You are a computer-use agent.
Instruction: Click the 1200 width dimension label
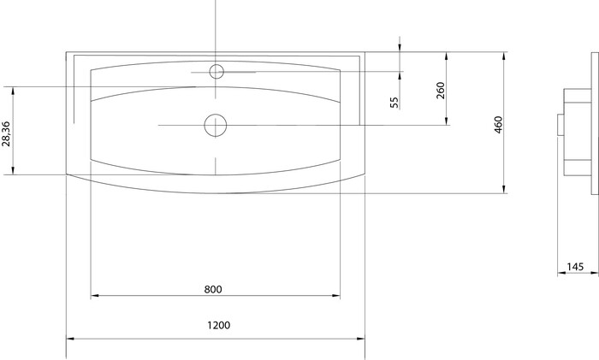point(219,325)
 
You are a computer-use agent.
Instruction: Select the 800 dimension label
point(213,289)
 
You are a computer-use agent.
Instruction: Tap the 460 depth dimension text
point(498,125)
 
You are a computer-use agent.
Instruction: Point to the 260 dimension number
point(441,90)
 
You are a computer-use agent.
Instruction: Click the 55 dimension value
point(394,103)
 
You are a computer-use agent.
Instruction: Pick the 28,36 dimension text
point(6,133)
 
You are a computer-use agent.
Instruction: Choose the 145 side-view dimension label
point(575,267)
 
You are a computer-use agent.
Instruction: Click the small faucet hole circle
point(216,71)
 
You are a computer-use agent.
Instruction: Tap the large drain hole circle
point(216,125)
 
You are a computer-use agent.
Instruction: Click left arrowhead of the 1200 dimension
point(70,339)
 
